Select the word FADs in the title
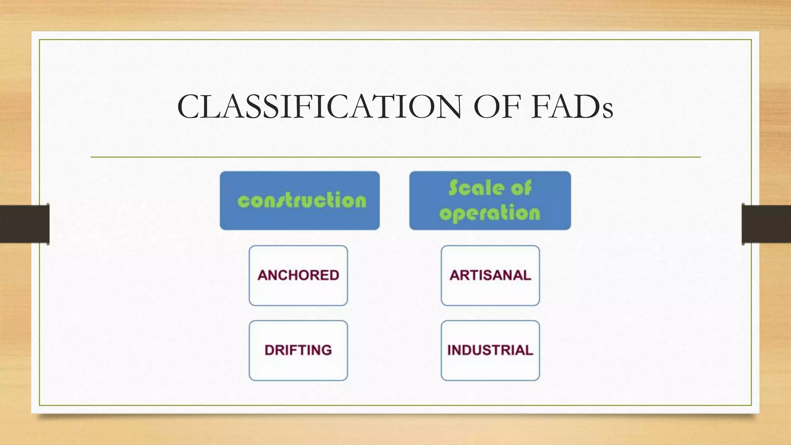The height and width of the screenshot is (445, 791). click(572, 107)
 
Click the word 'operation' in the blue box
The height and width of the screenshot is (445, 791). click(490, 214)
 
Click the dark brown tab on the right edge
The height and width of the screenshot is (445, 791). click(766, 224)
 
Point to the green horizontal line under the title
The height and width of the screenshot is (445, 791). click(395, 157)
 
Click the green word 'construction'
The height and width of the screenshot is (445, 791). click(302, 201)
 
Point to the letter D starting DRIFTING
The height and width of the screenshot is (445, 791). click(270, 350)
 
